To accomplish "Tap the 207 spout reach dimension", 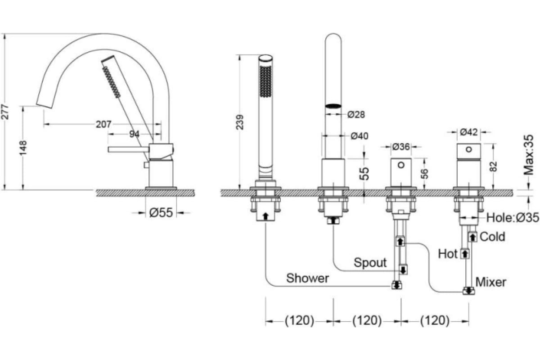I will point(103,124).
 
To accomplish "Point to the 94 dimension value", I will point(134,134).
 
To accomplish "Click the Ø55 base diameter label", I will point(161,212).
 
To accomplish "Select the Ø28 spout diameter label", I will point(356,114).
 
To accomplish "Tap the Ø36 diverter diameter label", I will point(401,147).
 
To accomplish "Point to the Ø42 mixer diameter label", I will point(468,132).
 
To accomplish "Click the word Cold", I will point(493,236).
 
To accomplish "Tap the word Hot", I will point(448,254).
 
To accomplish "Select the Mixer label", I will point(491,282).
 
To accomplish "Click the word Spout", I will point(370,262).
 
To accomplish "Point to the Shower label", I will point(308,278).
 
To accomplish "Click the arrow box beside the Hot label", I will point(465,254).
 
